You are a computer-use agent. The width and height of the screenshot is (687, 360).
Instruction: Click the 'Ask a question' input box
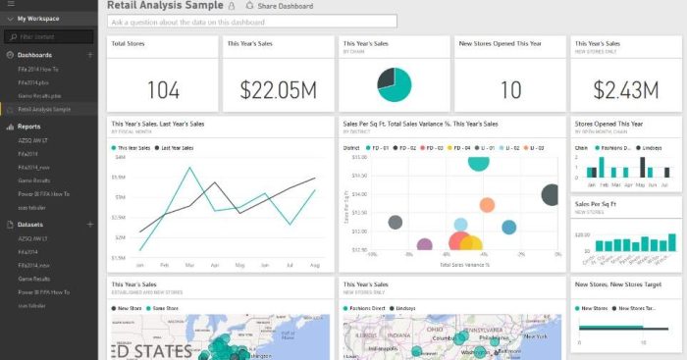tap(253, 21)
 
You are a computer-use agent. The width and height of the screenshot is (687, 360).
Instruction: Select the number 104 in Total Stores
tap(163, 90)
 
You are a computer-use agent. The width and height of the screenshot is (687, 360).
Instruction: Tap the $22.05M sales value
tap(278, 90)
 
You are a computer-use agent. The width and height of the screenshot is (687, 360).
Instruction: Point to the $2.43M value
tap(623, 90)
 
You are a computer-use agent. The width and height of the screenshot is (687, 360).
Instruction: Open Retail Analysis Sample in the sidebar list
tap(45, 109)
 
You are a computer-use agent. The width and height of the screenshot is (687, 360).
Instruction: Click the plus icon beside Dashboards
tap(90, 55)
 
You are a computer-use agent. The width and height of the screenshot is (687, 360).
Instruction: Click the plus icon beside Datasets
tap(90, 225)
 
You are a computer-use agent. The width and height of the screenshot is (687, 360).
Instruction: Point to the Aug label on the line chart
tap(314, 265)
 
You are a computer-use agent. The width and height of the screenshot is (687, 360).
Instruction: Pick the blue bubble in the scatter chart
tap(509, 228)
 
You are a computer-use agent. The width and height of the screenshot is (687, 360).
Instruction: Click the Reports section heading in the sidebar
tap(30, 127)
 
